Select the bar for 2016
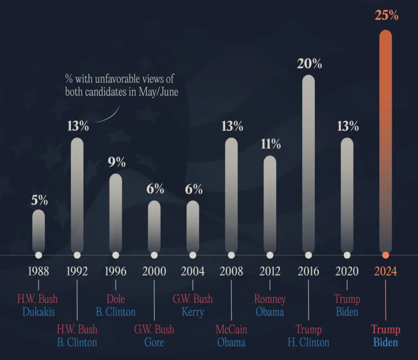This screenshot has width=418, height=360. (x=309, y=163)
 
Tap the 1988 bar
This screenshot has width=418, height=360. (x=38, y=231)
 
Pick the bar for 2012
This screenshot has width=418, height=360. (x=270, y=204)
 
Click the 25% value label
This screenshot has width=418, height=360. (x=386, y=16)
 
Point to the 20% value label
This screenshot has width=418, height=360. (x=309, y=64)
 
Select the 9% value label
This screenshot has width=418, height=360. (x=116, y=162)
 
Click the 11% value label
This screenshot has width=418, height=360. (x=270, y=144)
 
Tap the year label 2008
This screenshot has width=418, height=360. (x=231, y=271)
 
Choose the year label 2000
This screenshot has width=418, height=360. (x=154, y=271)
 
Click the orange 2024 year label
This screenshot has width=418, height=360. (x=385, y=271)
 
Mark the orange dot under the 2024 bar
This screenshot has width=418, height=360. (x=385, y=255)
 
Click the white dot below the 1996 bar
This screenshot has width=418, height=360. (x=116, y=255)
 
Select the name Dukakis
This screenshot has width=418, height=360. (x=38, y=312)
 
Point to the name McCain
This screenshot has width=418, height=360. (x=231, y=329)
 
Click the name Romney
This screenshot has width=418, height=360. (x=270, y=299)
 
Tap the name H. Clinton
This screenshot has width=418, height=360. (x=309, y=342)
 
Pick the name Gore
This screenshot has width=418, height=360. (x=154, y=342)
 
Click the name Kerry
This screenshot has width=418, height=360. (x=193, y=312)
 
